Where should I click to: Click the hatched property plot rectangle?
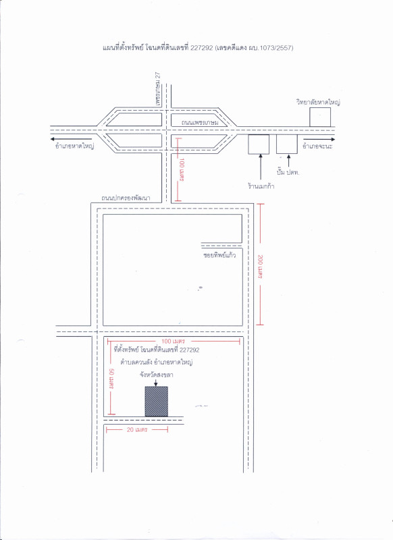pos(157,402)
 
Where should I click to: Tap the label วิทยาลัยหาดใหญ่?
pos(318,103)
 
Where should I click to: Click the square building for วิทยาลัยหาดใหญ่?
pos(320,117)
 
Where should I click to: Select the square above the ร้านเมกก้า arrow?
pos(259,144)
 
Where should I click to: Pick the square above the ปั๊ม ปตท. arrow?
pos(287,144)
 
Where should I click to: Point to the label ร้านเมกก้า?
pos(261,186)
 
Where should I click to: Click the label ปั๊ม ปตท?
pos(288,172)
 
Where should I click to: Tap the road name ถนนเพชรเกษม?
pos(200,122)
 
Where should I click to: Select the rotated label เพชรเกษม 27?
pos(158,89)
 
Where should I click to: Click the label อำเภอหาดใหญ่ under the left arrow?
pos(75,146)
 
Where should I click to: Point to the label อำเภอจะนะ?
pos(317,146)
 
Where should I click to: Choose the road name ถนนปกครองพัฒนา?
pos(126,198)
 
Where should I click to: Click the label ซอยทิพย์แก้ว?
pos(219,255)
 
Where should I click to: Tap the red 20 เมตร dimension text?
pos(137,429)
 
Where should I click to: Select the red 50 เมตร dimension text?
pos(111,379)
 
